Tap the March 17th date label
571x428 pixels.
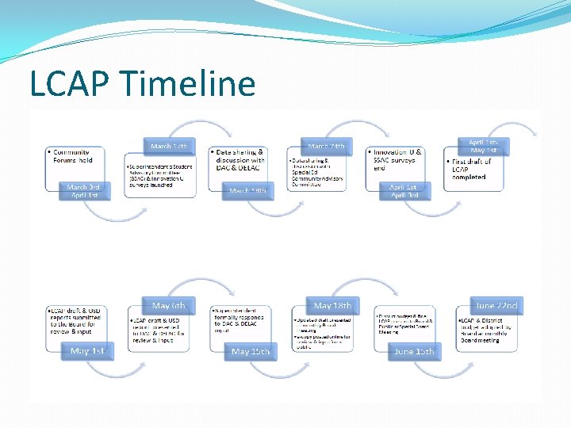point(169,146)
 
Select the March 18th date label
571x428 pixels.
point(247,190)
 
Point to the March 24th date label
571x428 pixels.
point(326,146)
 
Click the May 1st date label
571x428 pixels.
point(87,350)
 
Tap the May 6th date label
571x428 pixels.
point(169,305)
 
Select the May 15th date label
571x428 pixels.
point(250,351)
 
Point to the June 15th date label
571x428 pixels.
point(413,351)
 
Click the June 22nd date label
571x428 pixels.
point(495,305)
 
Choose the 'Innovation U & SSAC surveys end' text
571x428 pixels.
point(397,159)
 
